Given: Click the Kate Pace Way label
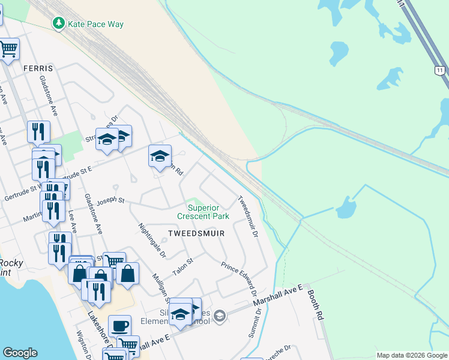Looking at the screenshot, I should [95, 24].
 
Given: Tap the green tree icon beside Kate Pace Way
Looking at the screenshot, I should [59, 24].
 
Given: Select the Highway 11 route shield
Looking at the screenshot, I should [440, 70].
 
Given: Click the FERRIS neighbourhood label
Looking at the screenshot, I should [38, 68].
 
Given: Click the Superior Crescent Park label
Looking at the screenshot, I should [203, 212].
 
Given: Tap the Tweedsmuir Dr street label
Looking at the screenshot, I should [247, 217].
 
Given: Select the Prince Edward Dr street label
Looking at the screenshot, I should [238, 280].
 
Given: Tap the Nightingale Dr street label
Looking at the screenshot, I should [152, 241].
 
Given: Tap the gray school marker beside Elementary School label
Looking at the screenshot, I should [220, 316].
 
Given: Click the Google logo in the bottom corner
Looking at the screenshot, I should [20, 353].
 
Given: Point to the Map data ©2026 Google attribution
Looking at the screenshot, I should [412, 355].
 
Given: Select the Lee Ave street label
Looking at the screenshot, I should [73, 221].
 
